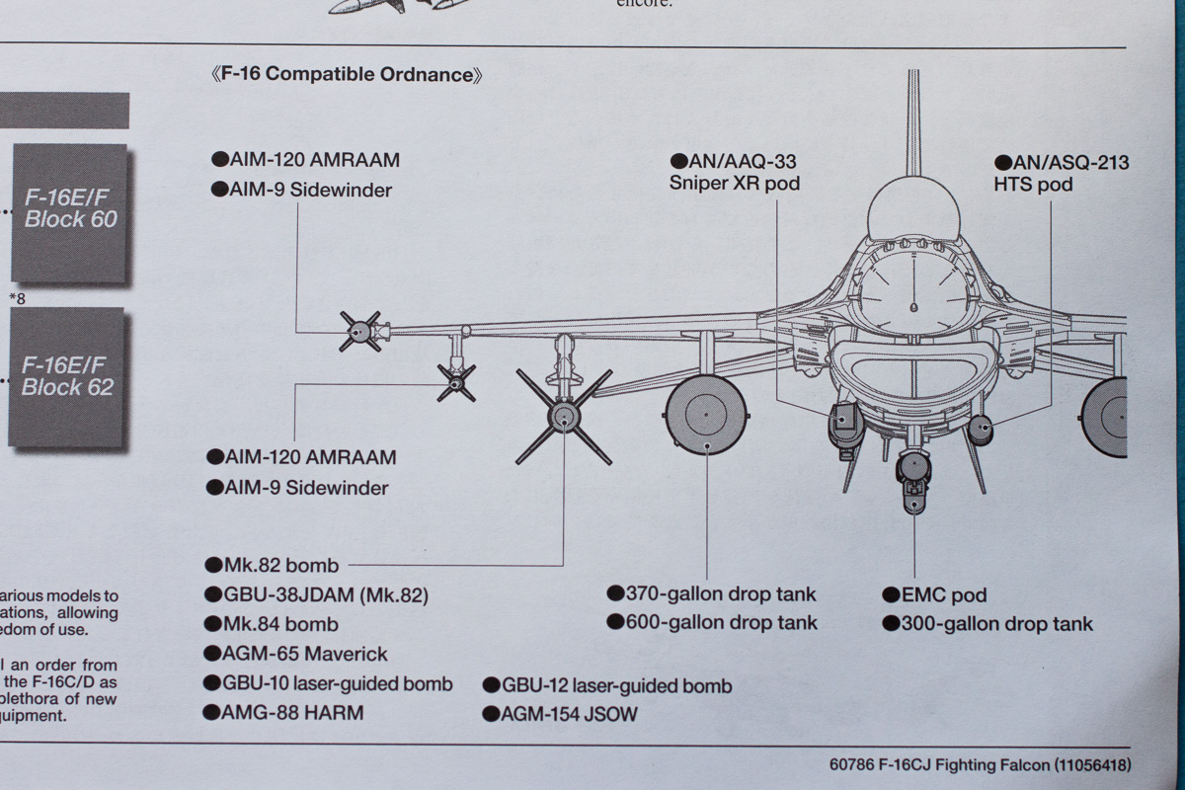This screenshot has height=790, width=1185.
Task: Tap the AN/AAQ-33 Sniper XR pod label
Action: [734, 172]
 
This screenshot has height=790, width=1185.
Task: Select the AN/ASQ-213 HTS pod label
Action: [1062, 173]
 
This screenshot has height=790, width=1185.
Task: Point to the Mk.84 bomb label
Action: [272, 624]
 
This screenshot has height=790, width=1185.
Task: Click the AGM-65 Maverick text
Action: [295, 654]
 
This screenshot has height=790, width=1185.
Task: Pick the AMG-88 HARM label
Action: [283, 712]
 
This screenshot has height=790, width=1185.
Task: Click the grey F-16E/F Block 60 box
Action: [70, 209]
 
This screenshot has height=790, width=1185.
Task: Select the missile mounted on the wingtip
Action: [359, 332]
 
